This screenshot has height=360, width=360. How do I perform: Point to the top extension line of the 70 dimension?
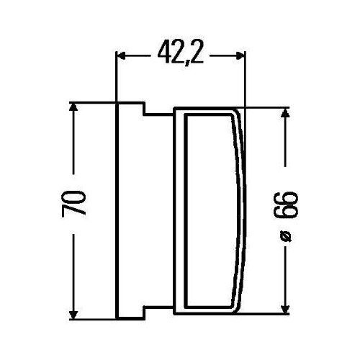pyautogui.click(x=90, y=102)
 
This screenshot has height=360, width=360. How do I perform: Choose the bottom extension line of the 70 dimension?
pyautogui.click(x=90, y=317)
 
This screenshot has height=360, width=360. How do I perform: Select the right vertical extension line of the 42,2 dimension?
pyautogui.click(x=244, y=79)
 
